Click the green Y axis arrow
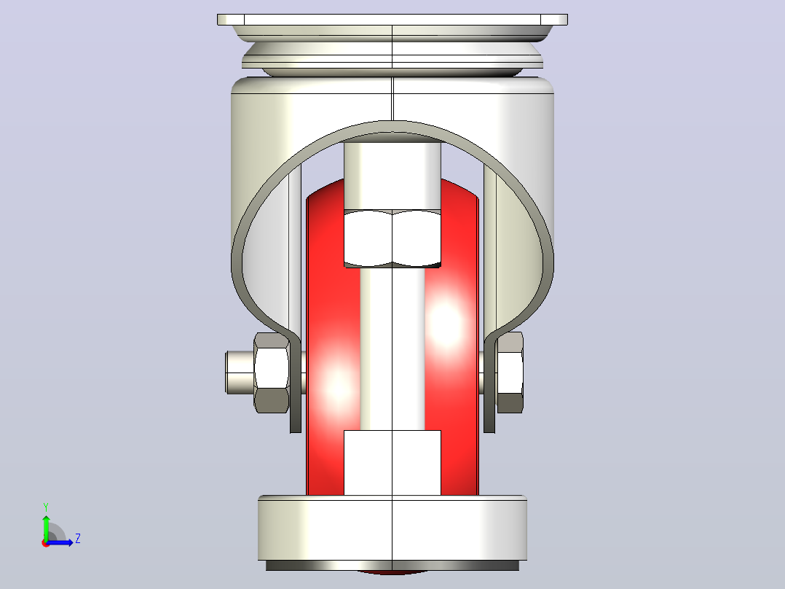click(46, 527)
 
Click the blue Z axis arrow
click(60, 542)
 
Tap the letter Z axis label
click(78, 539)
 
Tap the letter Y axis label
click(46, 507)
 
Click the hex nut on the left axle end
click(272, 372)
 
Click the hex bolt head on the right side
click(510, 372)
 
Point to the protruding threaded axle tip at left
click(240, 372)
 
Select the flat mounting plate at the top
click(392, 20)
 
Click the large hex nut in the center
click(392, 238)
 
